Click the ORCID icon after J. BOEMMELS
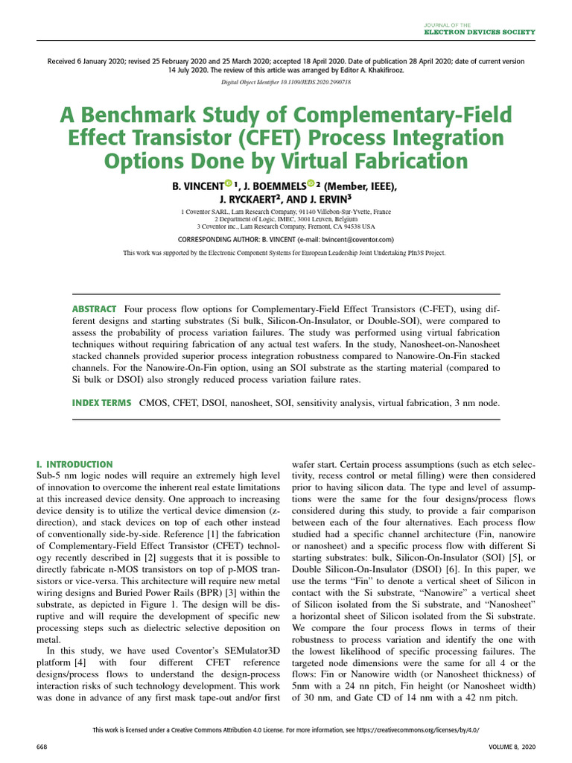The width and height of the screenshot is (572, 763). [x=310, y=185]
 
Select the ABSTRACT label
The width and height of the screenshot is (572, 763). [x=94, y=309]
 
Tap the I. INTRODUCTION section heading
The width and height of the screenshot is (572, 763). [x=74, y=464]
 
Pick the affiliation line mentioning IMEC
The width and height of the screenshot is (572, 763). [x=285, y=220]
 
